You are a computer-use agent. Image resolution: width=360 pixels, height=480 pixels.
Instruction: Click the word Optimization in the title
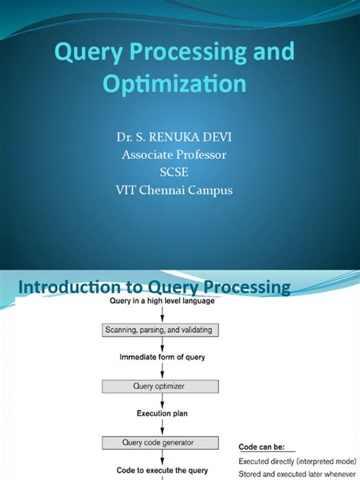(x=175, y=84)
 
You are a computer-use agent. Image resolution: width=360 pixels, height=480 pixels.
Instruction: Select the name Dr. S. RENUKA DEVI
(x=174, y=137)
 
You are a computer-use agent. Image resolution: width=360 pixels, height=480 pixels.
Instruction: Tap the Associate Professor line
(x=174, y=155)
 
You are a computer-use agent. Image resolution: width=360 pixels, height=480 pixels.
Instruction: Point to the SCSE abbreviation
(x=174, y=172)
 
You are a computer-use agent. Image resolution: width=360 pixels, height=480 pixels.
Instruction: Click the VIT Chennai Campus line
(x=174, y=190)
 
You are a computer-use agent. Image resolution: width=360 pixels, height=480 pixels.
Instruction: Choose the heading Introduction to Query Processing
(x=154, y=287)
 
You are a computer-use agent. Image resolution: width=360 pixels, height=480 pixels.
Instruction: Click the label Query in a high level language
(x=162, y=301)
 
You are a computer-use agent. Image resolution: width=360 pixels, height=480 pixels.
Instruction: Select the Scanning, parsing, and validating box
(x=160, y=330)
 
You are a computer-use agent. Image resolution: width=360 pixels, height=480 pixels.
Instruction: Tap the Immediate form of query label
(x=162, y=357)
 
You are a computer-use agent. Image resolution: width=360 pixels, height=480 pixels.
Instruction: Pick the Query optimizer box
(x=160, y=387)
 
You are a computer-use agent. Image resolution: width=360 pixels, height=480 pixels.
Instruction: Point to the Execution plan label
(x=162, y=413)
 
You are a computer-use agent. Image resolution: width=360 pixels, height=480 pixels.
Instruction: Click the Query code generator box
(x=160, y=443)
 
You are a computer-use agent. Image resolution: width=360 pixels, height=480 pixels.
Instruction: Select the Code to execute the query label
(x=162, y=470)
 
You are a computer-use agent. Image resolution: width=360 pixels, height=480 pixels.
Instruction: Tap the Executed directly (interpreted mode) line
(x=297, y=461)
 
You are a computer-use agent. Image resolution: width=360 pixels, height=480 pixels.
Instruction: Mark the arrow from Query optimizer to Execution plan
(x=163, y=400)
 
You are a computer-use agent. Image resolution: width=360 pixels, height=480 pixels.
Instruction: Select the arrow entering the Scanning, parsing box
(x=163, y=314)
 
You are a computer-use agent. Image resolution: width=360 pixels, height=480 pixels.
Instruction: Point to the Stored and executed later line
(x=297, y=474)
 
